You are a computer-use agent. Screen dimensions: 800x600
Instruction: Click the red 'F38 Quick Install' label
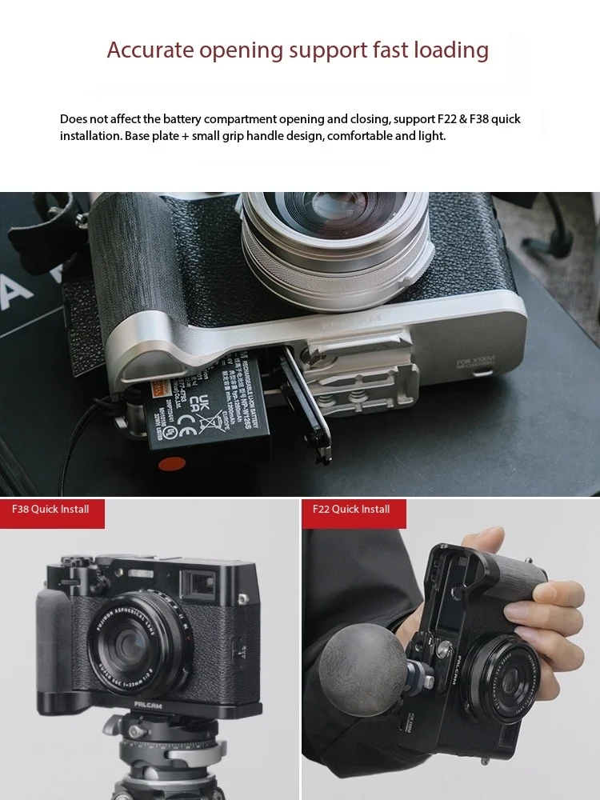51,510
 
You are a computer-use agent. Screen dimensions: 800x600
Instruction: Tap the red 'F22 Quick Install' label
353,510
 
